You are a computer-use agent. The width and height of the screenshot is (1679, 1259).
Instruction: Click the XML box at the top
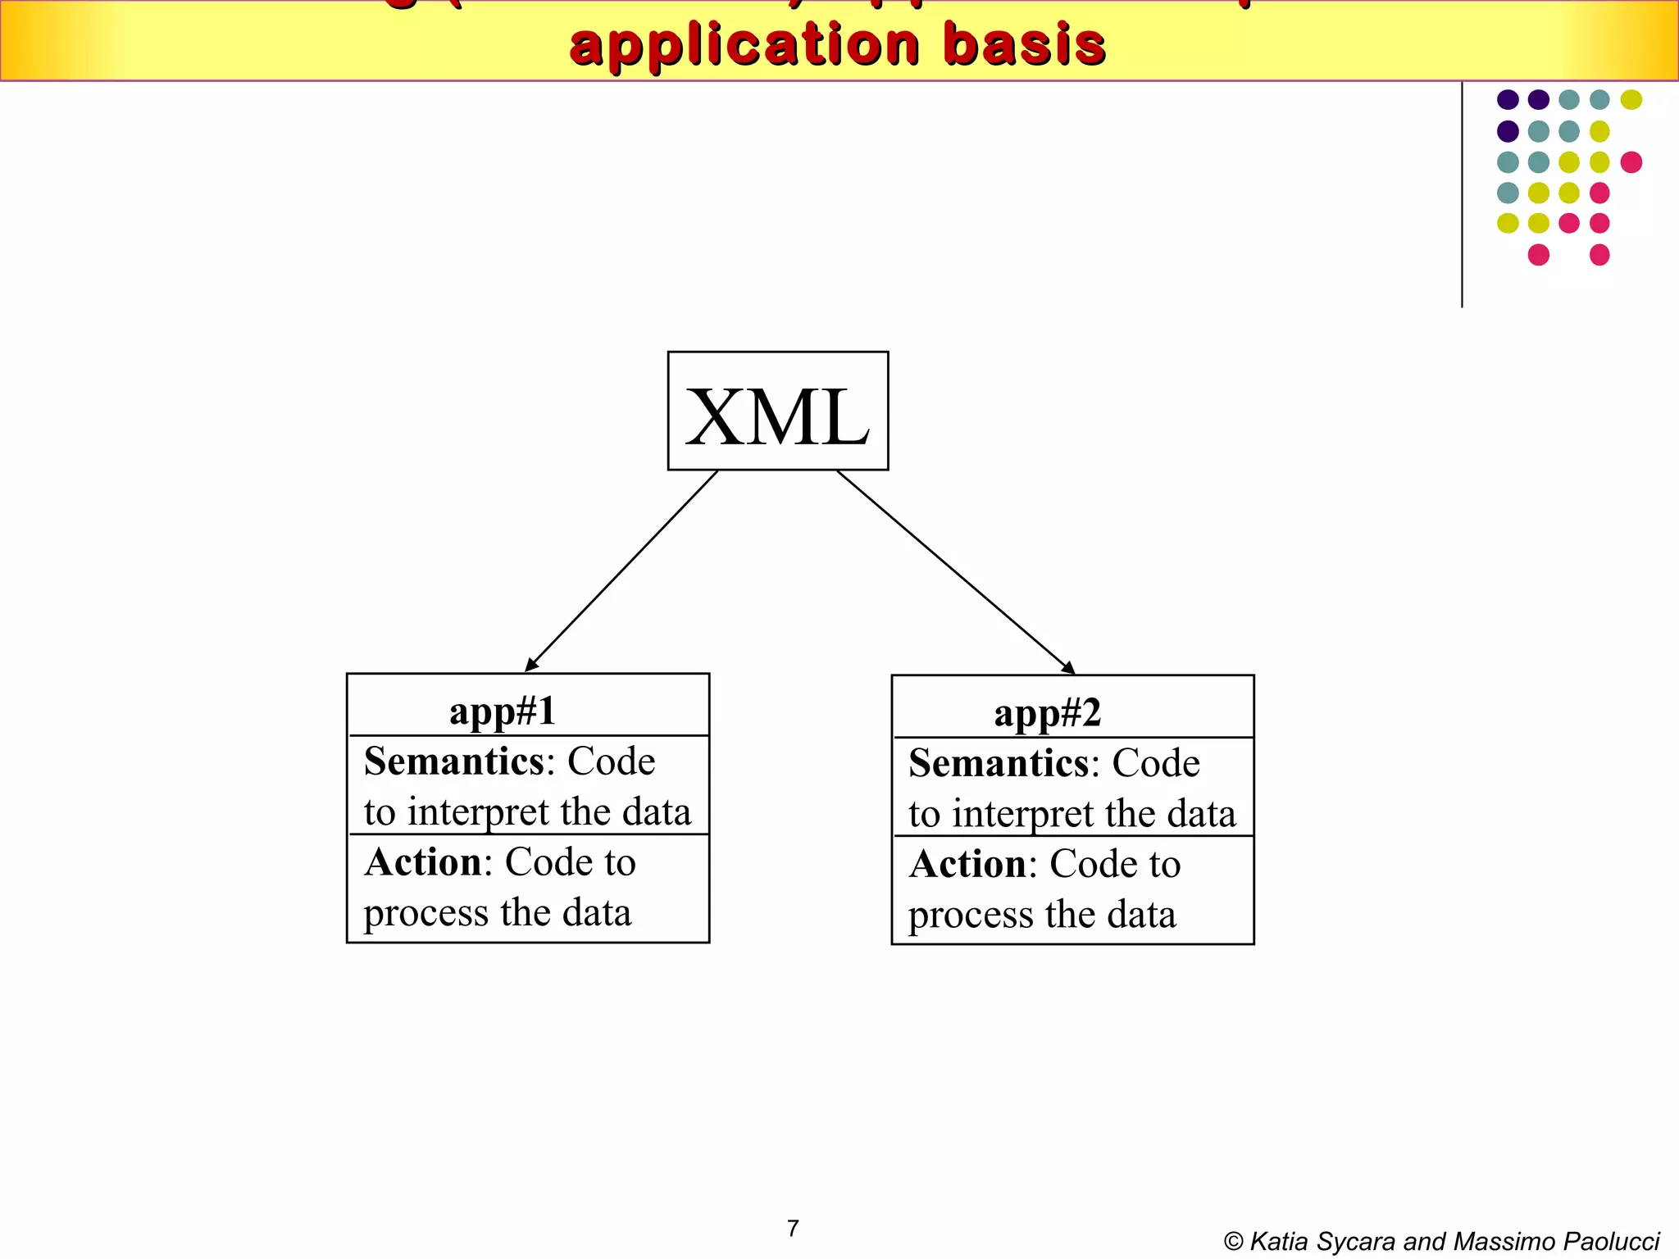777,411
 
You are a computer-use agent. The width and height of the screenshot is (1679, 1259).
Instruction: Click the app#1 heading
503,711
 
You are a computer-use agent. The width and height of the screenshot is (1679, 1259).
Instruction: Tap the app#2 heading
1047,712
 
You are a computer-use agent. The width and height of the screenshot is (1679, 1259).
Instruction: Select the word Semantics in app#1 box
453,761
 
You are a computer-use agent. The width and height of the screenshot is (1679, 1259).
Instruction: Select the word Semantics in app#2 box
999,763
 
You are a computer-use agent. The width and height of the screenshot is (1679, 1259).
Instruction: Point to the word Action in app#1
423,862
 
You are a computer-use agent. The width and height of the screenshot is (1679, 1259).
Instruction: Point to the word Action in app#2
968,864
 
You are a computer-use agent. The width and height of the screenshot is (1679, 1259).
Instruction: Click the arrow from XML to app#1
621,571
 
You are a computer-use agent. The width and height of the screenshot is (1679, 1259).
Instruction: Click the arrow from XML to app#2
955,572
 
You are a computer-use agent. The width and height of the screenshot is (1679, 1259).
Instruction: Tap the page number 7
793,1228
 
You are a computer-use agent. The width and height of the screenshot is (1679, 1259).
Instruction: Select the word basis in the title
1025,44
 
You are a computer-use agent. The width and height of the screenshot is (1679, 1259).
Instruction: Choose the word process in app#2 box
971,916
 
